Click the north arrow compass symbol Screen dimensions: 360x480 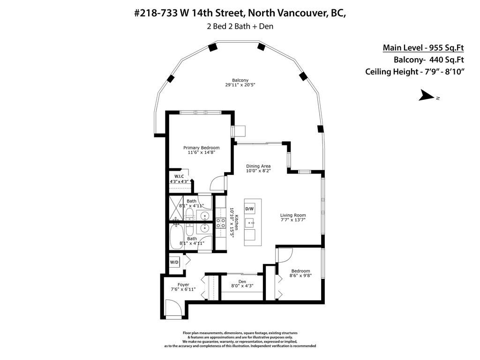pyautogui.click(x=428, y=96)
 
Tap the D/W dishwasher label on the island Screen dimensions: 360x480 pyautogui.click(x=249, y=209)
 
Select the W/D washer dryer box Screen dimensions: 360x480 pyautogui.click(x=174, y=262)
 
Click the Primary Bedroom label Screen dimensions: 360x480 pyautogui.click(x=201, y=148)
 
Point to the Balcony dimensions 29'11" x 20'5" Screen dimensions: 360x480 pyautogui.click(x=240, y=85)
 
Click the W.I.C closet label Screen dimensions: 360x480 pyautogui.click(x=179, y=176)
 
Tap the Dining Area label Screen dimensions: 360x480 pyautogui.click(x=258, y=166)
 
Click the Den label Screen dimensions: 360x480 pyautogui.click(x=242, y=282)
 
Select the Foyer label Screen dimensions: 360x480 pyautogui.click(x=183, y=285)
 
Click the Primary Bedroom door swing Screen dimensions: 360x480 pyautogui.click(x=218, y=182)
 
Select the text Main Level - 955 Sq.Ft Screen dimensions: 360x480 pyautogui.click(x=423, y=47)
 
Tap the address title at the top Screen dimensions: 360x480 pyautogui.click(x=240, y=13)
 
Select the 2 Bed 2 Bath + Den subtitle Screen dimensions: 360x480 pyautogui.click(x=240, y=26)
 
